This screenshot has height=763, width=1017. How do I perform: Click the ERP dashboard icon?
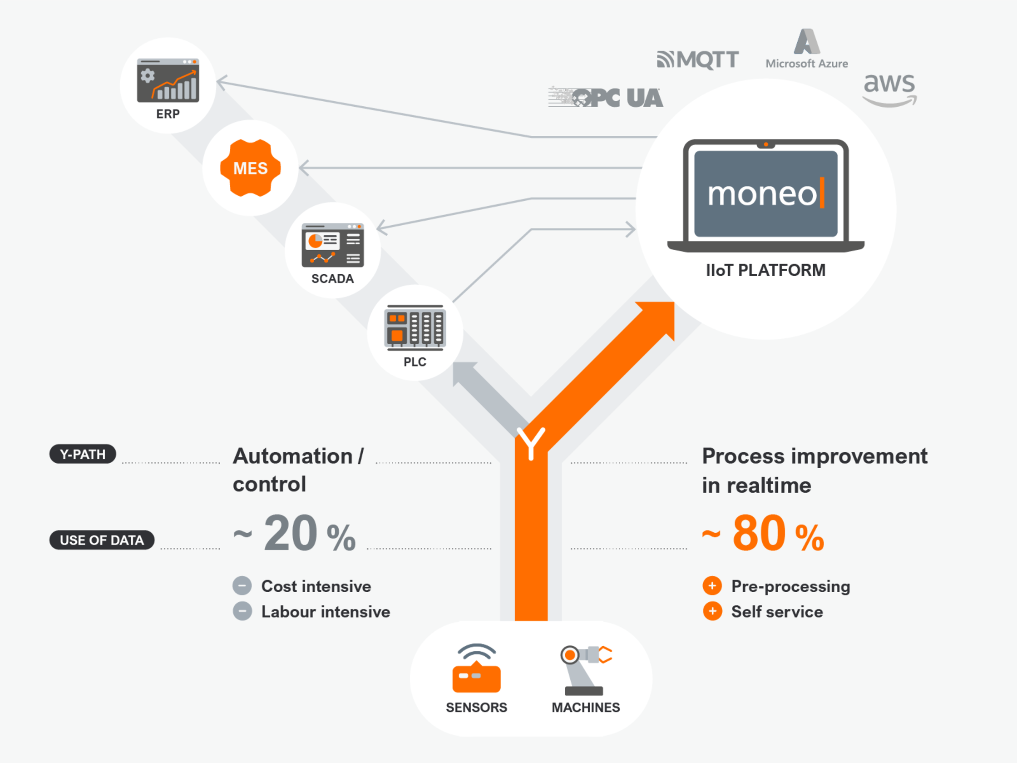[x=168, y=80]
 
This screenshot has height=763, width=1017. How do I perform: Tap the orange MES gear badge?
[x=250, y=168]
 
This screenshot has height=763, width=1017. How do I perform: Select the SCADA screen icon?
[x=332, y=245]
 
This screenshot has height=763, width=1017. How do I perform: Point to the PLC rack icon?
[x=415, y=327]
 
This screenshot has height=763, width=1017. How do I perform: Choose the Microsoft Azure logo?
[x=806, y=49]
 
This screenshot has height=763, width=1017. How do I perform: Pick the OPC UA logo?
[x=606, y=97]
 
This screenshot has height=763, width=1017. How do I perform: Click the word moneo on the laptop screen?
[x=761, y=194]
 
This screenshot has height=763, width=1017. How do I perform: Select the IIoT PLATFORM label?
[x=765, y=270]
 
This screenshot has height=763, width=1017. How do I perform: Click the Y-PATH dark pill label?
[x=83, y=455]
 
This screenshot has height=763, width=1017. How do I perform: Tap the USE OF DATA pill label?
[x=102, y=540]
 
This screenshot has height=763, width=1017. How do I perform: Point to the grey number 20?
[x=291, y=533]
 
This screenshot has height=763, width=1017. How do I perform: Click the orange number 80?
[x=759, y=533]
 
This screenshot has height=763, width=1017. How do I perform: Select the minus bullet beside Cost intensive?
[x=242, y=586]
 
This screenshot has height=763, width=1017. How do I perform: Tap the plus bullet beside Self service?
[x=712, y=611]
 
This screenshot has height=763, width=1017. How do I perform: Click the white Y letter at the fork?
[x=531, y=443]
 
